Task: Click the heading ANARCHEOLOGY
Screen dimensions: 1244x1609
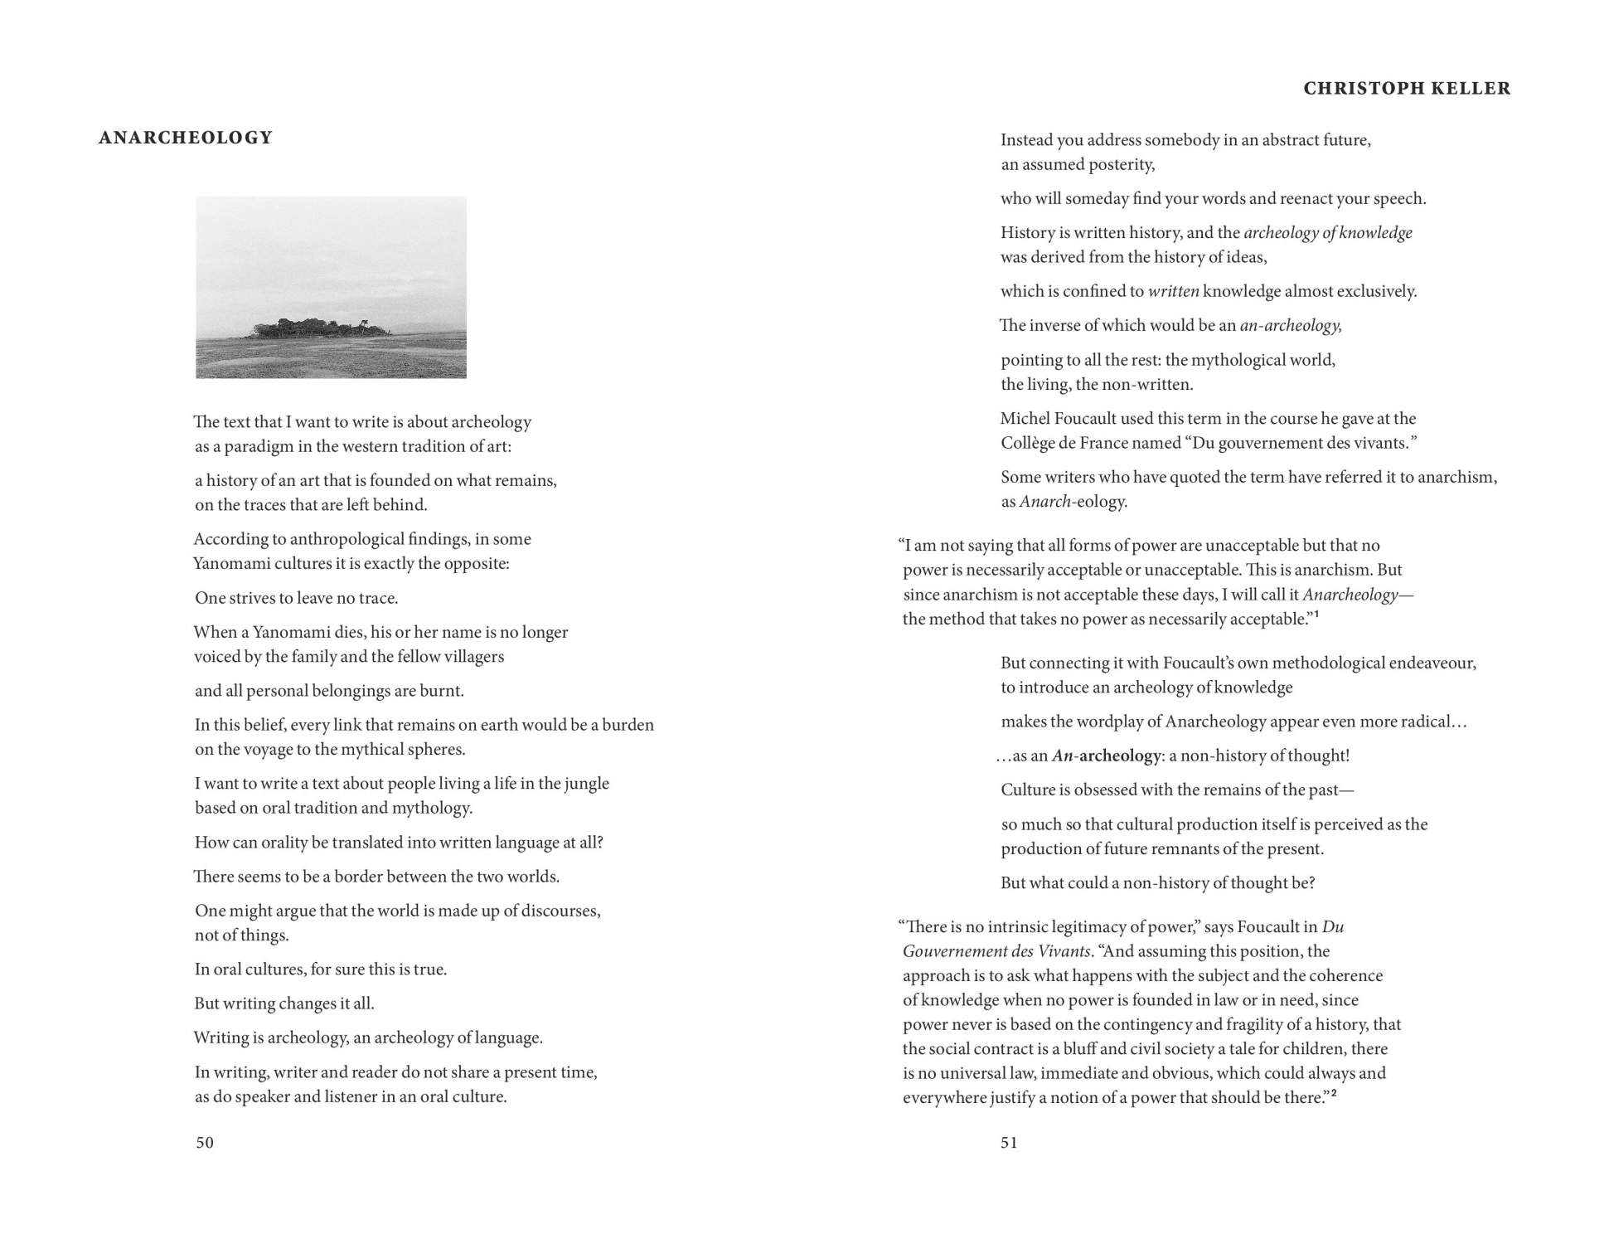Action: click(186, 138)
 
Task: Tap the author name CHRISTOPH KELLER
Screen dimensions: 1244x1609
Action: click(1407, 89)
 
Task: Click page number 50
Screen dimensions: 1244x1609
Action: click(205, 1142)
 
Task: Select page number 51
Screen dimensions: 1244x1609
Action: click(1009, 1142)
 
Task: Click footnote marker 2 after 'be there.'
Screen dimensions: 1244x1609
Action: click(1334, 1094)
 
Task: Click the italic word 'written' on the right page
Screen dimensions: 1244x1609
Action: click(1173, 291)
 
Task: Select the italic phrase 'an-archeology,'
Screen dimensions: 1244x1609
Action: click(1291, 326)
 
